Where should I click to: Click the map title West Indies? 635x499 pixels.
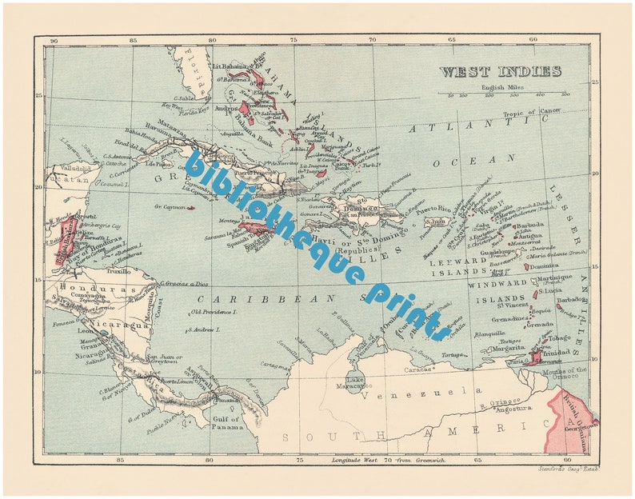click(x=500, y=71)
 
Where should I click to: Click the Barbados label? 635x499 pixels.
click(x=570, y=300)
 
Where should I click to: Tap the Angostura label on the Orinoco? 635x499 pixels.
click(x=492, y=407)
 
